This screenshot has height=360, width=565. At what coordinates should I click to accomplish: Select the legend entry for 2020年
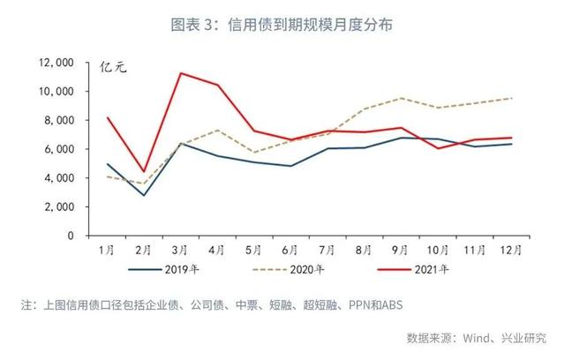pos(303,269)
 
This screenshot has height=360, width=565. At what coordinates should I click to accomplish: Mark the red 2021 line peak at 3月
pos(181,73)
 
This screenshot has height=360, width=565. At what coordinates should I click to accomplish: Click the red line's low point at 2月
pos(144,171)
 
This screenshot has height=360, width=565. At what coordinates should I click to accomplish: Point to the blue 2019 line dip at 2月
pos(144,195)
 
